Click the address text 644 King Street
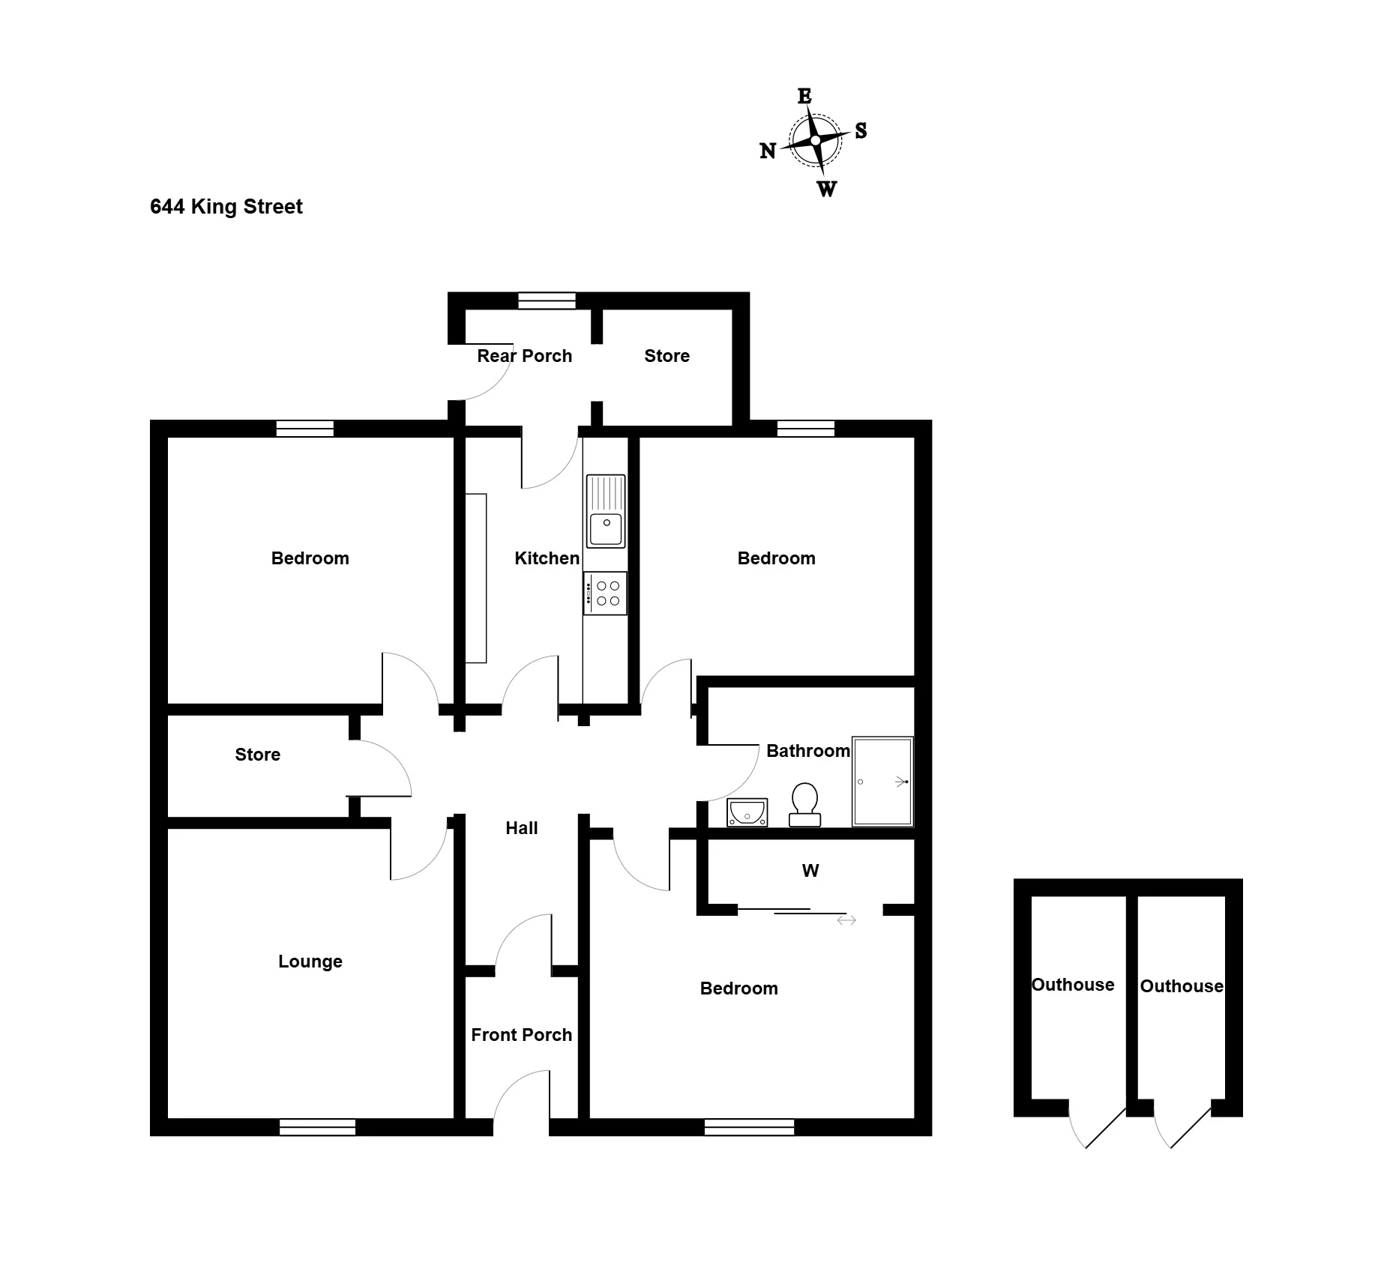coord(226,207)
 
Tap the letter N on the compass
coord(768,151)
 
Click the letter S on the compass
coord(861,130)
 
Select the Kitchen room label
coord(547,558)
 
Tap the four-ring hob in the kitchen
coord(605,594)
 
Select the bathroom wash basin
coord(747,812)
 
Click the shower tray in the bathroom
coord(883,782)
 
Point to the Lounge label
coord(310,961)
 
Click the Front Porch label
coord(522,1035)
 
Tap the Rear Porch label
coord(525,356)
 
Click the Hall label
coord(522,828)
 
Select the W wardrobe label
coord(810,871)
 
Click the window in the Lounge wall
coord(318,1127)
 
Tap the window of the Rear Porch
coord(547,301)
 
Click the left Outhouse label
coord(1073,985)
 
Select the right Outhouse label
coord(1182,986)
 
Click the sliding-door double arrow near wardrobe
coord(846,920)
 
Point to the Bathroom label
coord(808,751)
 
